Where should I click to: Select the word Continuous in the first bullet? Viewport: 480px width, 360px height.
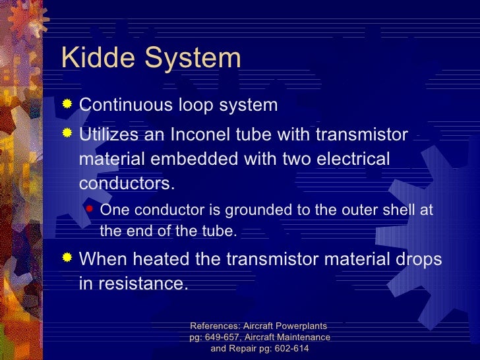[x=125, y=105]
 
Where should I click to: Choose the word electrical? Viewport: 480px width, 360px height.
[x=347, y=160]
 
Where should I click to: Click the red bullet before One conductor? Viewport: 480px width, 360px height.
[x=90, y=210]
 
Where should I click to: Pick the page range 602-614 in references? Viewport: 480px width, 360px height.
[x=285, y=349]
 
